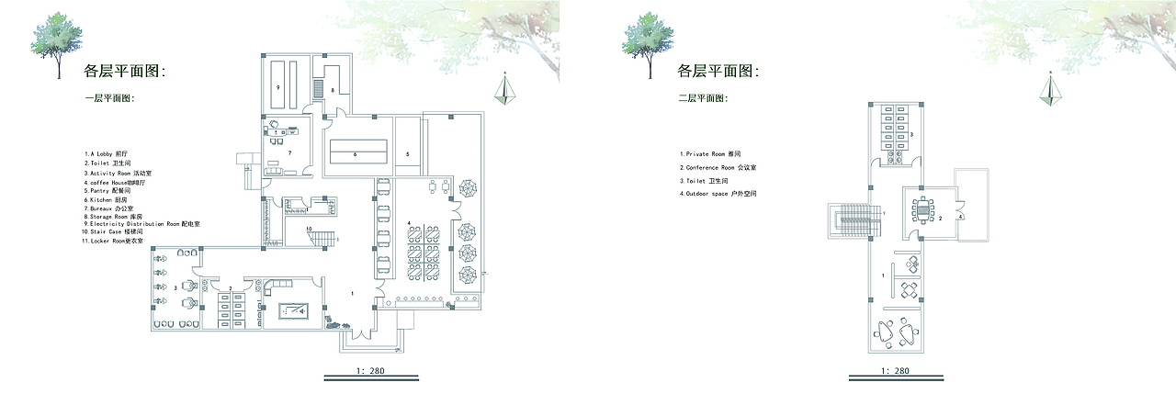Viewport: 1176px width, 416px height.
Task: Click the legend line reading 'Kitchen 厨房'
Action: pyautogui.click(x=106, y=199)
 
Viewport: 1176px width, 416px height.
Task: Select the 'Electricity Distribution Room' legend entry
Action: pyautogui.click(x=141, y=223)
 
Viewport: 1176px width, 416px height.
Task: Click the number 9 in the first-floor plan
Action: pyautogui.click(x=277, y=85)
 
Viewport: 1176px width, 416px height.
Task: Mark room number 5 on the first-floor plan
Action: pyautogui.click(x=407, y=154)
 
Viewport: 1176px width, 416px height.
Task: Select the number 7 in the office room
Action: pyautogui.click(x=289, y=152)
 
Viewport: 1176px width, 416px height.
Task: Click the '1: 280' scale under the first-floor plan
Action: pyautogui.click(x=371, y=371)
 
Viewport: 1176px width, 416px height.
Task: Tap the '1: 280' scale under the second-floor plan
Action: pyautogui.click(x=895, y=371)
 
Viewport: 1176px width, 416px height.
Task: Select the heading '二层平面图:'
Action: pyautogui.click(x=703, y=98)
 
